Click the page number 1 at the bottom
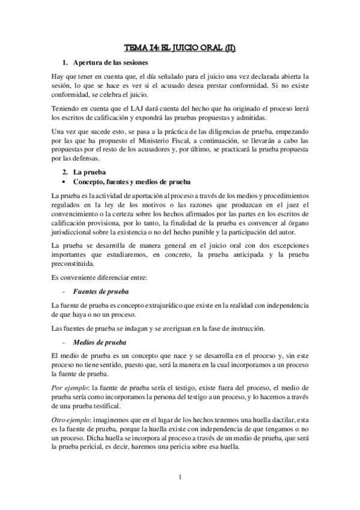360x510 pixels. pyautogui.click(x=180, y=478)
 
